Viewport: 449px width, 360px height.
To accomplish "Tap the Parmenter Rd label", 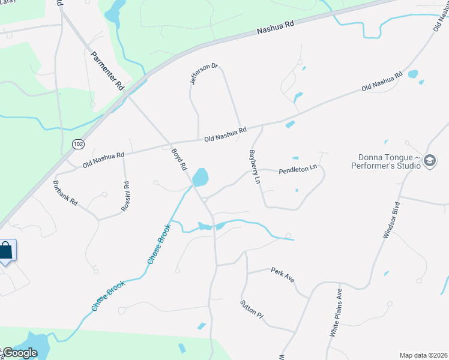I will pos(107,71).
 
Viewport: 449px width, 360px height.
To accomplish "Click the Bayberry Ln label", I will pos(255,167).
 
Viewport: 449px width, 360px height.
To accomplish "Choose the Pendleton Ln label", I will pos(297,170).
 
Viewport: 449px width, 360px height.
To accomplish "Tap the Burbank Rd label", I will pos(65,193).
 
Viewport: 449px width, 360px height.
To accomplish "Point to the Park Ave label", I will pos(282,275).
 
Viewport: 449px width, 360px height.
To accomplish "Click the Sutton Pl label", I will pos(252,308).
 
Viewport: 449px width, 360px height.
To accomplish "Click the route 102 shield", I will pos(77,144).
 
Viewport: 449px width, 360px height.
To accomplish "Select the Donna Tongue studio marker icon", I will pos(429,160).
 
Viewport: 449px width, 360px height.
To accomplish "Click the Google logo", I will pos(20,353).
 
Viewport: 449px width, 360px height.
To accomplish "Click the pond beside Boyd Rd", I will pos(200,177).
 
